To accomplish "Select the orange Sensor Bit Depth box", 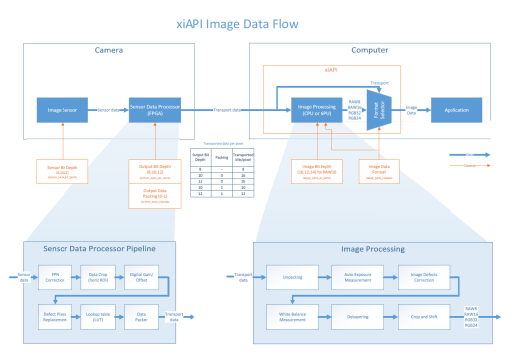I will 58,168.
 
